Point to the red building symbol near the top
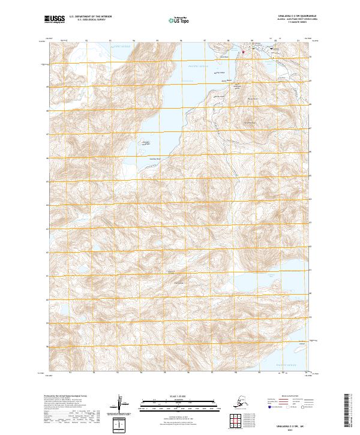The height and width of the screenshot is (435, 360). pos(244,52)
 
